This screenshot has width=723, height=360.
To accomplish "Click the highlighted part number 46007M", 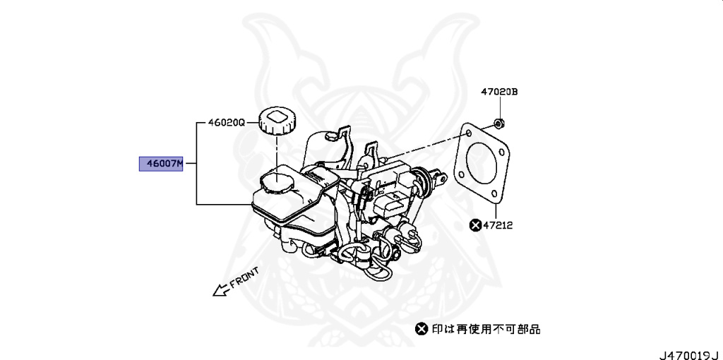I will click(161, 164).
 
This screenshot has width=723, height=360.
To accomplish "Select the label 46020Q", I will click(226, 122).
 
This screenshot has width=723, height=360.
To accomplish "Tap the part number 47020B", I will click(499, 92).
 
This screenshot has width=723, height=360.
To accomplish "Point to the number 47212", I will click(498, 225).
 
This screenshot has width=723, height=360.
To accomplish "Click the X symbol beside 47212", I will click(476, 225).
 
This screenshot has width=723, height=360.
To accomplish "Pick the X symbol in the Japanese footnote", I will click(422, 328).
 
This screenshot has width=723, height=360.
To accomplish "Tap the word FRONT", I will click(245, 276).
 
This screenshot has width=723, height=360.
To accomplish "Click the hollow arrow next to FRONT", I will click(222, 288).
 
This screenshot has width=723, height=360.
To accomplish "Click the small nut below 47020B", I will click(499, 124).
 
